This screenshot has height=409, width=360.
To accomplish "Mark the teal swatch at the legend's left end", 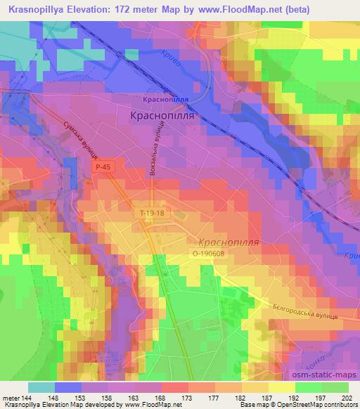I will tap(41, 387).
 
